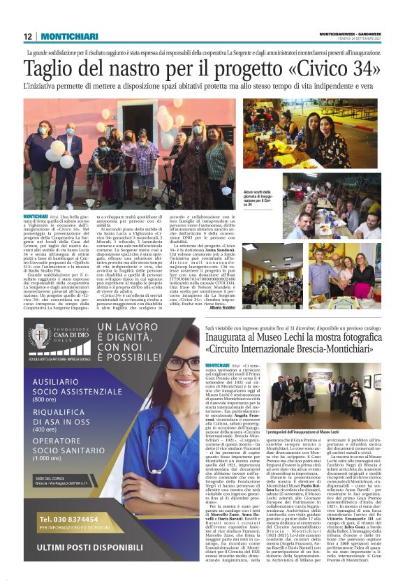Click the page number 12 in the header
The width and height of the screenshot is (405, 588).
pos(27,36)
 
